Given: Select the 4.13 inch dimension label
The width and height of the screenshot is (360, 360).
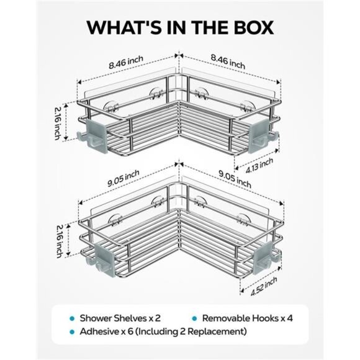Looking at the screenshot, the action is [x=259, y=166].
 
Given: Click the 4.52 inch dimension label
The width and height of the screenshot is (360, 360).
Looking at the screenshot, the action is [x=264, y=286].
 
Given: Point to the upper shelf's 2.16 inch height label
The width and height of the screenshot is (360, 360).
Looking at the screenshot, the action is [x=58, y=124].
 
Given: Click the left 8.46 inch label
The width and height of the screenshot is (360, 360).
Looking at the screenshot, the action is [x=126, y=62].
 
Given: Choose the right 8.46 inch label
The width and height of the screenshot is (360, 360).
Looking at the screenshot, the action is [x=228, y=61].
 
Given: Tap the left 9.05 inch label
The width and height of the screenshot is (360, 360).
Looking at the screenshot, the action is [x=124, y=178].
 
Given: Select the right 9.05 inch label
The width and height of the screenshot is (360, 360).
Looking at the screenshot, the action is [x=235, y=179].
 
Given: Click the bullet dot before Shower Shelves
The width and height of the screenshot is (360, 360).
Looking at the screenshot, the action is [x=72, y=318].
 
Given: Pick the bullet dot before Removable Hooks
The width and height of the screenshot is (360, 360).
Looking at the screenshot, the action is [x=194, y=318].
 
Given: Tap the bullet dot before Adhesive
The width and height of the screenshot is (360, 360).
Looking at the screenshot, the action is [x=72, y=332].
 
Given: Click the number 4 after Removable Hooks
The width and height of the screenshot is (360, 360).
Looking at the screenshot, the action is [x=290, y=318].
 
